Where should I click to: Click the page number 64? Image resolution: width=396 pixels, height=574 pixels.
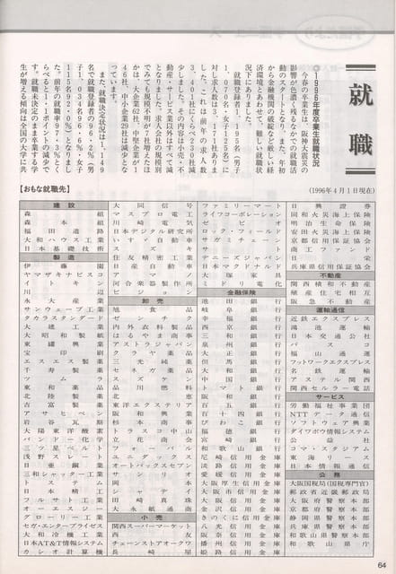pyautogui.click(x=382, y=563)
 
